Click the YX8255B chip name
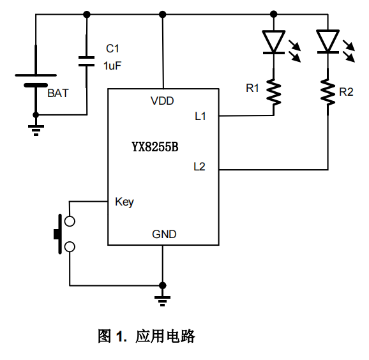click(155, 147)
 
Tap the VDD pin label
click(162, 101)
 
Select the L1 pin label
click(200, 116)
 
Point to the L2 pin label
click(199, 167)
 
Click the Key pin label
click(124, 202)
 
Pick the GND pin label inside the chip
click(164, 234)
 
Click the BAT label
click(58, 93)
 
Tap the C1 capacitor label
click(112, 49)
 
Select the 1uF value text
click(112, 66)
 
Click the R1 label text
click(252, 88)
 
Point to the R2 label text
click(346, 92)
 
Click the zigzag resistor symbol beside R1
click(274, 92)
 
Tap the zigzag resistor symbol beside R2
click(328, 92)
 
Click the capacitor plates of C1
click(87, 61)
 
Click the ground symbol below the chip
click(162, 301)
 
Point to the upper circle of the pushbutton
click(70, 221)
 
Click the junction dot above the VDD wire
click(162, 15)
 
